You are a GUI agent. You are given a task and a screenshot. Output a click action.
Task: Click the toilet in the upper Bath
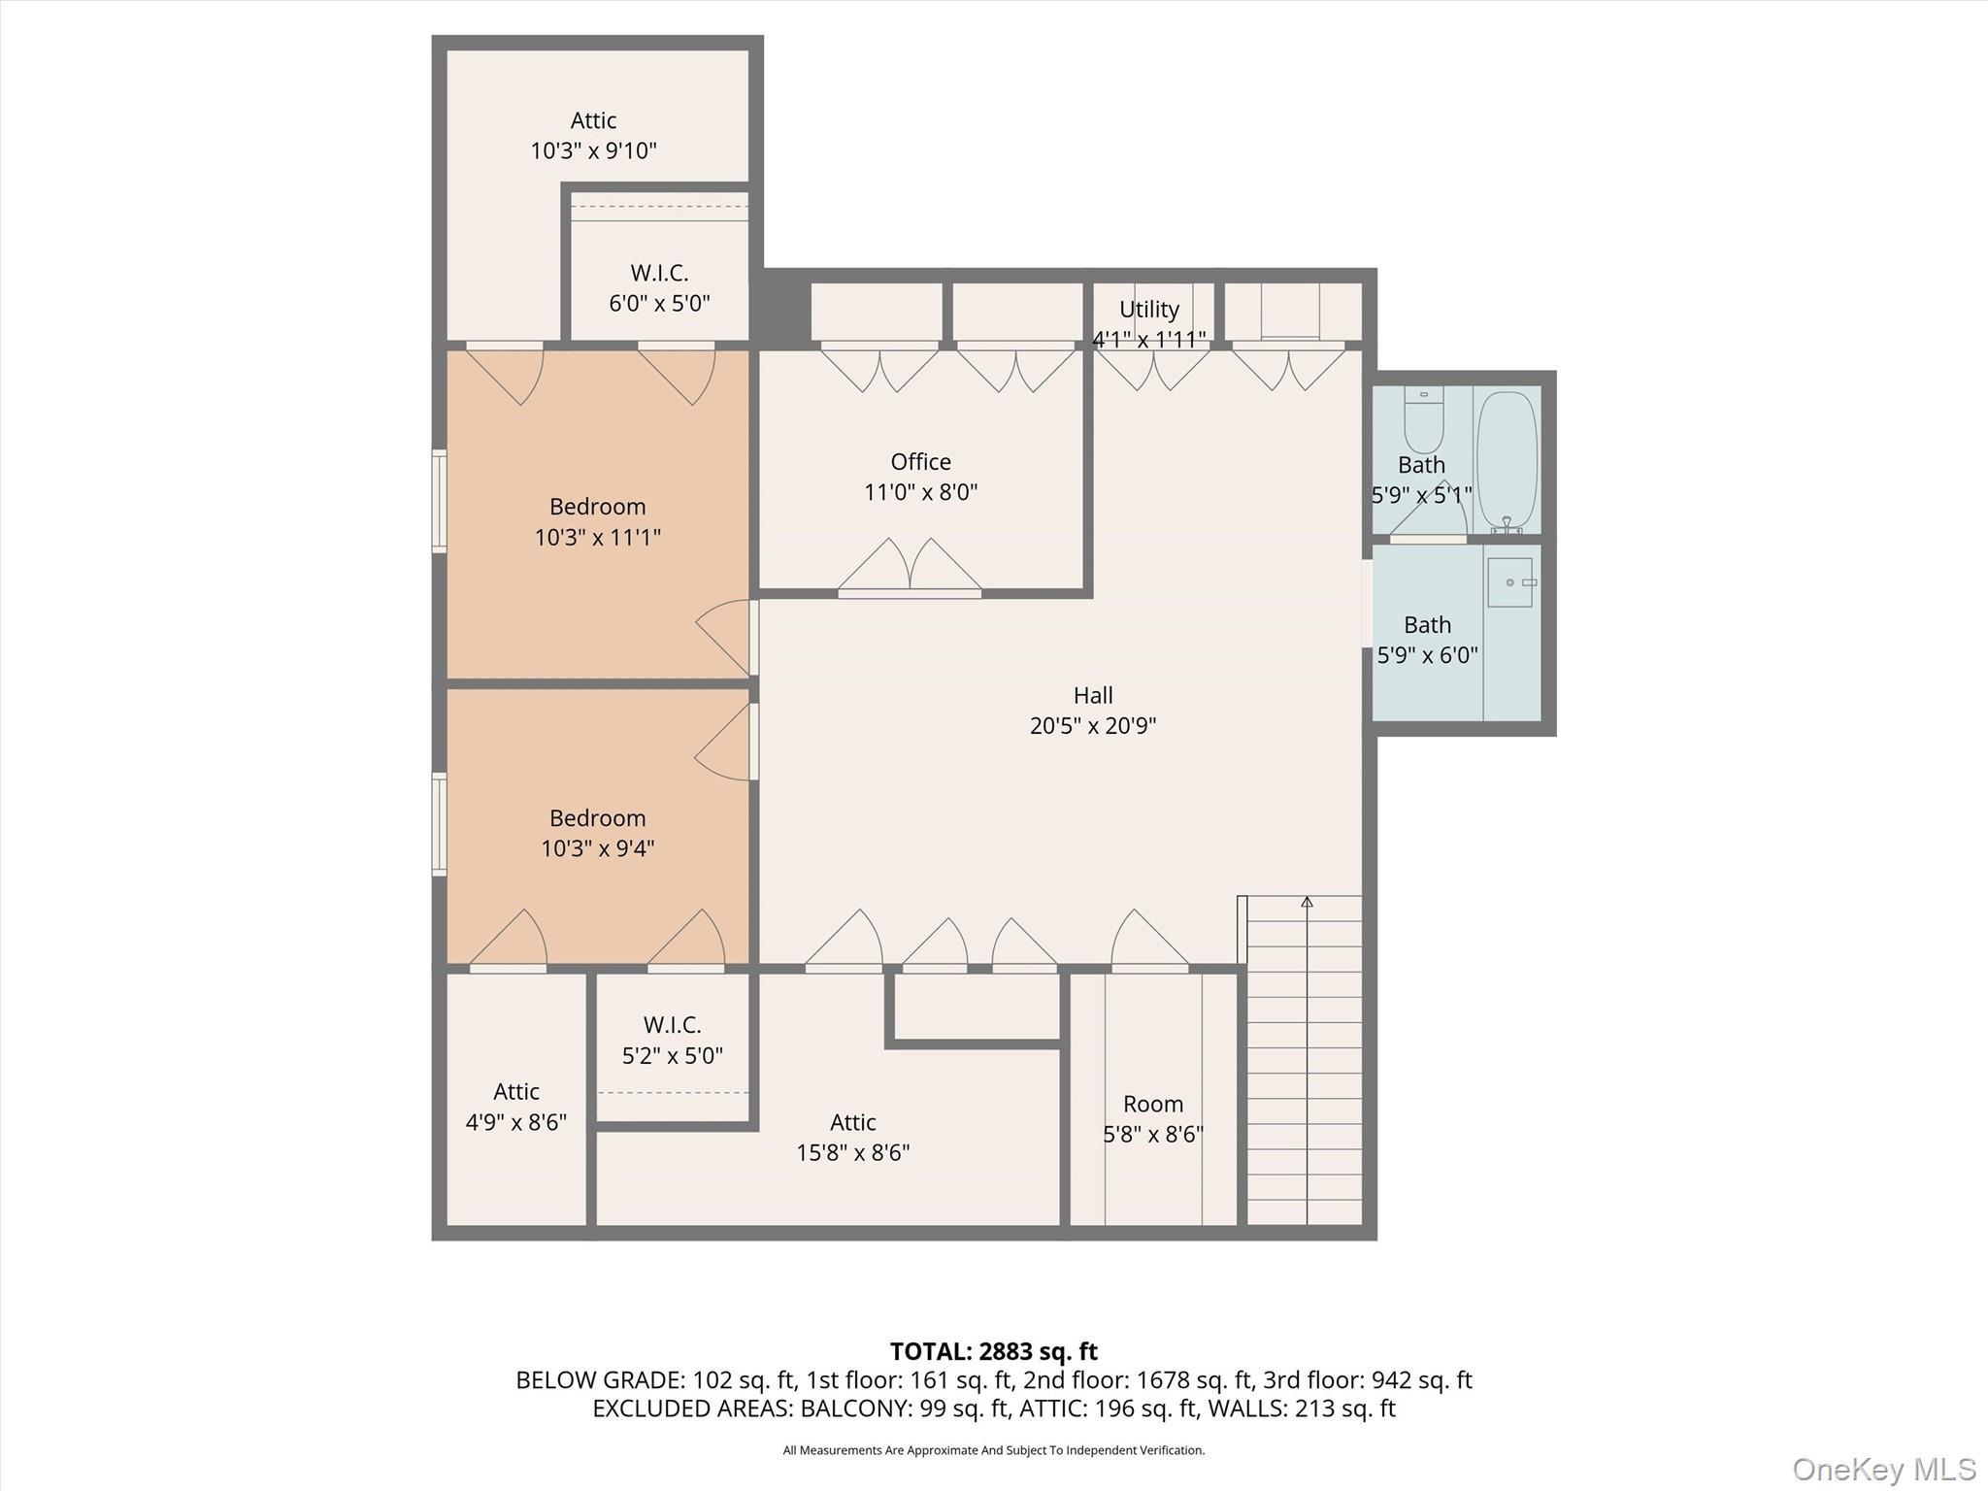click(x=1424, y=419)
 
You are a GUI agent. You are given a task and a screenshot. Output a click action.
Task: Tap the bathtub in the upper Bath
click(x=1507, y=461)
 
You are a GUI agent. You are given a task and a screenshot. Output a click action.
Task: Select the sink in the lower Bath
click(x=1509, y=582)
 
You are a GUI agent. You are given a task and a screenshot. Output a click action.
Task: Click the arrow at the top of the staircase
click(x=1307, y=902)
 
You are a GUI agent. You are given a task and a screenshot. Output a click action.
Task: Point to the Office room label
click(x=920, y=462)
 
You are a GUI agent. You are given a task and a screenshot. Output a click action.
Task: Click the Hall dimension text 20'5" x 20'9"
click(x=1092, y=726)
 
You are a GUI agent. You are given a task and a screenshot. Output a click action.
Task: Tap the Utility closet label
click(x=1148, y=310)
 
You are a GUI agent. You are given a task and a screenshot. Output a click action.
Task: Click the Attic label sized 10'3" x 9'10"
click(x=593, y=121)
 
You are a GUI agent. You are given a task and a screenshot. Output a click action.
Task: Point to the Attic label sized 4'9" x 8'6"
click(x=515, y=1092)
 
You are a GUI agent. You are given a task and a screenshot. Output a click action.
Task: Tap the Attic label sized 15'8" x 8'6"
click(x=852, y=1123)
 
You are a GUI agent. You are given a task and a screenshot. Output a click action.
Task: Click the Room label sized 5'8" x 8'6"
click(x=1152, y=1105)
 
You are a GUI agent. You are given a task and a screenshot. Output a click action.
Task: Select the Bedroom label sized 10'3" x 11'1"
click(x=597, y=507)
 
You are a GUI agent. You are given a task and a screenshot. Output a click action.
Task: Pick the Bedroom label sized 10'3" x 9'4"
click(x=597, y=818)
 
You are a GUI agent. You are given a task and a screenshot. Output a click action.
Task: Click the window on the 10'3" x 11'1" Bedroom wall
click(x=439, y=502)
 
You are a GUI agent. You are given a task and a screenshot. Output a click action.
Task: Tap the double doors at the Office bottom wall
click(x=910, y=568)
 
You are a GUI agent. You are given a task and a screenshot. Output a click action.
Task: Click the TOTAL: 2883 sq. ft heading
click(x=993, y=1351)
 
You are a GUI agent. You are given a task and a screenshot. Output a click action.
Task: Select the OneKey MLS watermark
click(x=1883, y=1469)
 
